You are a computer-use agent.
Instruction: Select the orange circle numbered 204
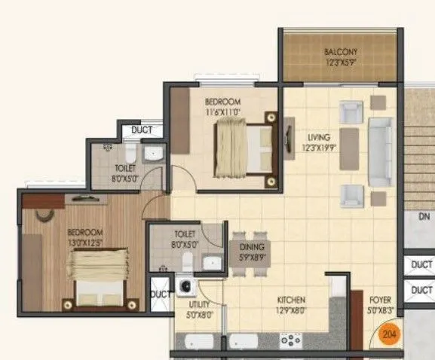[389, 333]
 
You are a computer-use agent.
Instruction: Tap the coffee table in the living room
[349, 148]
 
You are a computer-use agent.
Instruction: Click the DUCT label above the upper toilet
[141, 130]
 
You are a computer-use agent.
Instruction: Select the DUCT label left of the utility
[159, 294]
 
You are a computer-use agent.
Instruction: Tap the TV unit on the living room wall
[290, 139]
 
